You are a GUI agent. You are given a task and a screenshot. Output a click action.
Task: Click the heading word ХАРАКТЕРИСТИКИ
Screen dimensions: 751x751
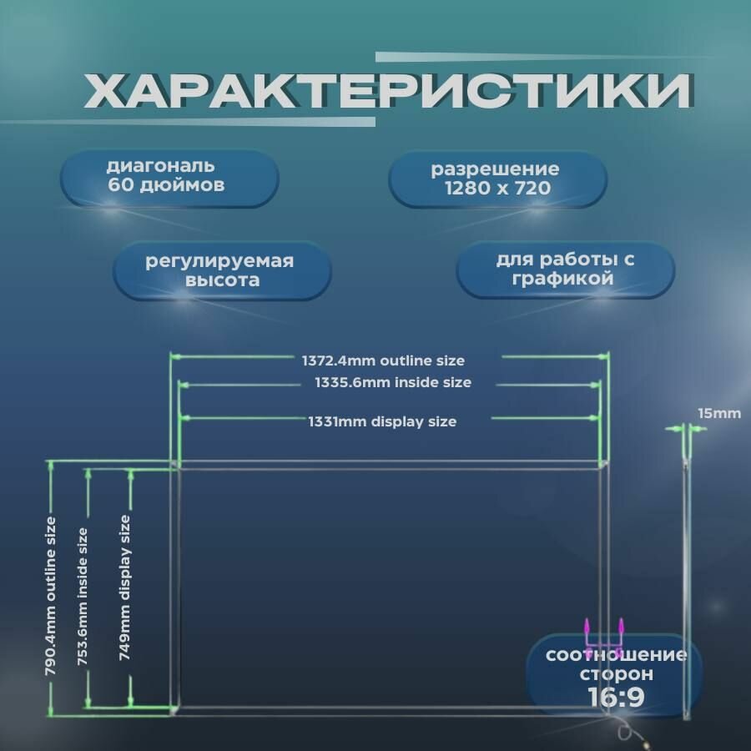[x=388, y=91]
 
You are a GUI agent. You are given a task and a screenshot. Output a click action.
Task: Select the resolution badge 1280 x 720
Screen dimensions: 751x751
[x=498, y=179]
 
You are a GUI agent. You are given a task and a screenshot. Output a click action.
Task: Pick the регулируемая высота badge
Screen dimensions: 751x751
[x=220, y=271]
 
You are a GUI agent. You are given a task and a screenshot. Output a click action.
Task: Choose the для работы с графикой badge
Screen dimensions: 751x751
[x=565, y=270]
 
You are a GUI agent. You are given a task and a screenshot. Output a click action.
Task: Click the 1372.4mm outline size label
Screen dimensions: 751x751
[x=383, y=361]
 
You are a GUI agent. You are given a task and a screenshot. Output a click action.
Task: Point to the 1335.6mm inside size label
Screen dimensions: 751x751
[x=393, y=383]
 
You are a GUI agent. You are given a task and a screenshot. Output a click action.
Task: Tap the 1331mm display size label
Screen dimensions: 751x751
[x=383, y=422]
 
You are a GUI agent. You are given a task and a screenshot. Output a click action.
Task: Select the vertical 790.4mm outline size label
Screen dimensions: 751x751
[x=52, y=597]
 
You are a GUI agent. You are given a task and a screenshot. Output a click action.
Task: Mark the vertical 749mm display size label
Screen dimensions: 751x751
[x=125, y=587]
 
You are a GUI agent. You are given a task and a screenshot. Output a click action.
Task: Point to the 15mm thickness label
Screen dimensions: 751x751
[x=718, y=413]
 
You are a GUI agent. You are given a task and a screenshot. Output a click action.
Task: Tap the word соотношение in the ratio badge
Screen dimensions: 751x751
[x=616, y=655]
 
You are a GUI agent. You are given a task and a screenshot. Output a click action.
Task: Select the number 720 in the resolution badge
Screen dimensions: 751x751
[x=532, y=189]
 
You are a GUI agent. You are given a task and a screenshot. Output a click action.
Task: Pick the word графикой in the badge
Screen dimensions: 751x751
[x=565, y=280]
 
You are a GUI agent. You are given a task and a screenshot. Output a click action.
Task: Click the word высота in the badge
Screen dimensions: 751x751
[x=220, y=281]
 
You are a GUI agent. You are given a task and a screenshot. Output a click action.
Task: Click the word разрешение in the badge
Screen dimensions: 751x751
[x=495, y=169]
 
